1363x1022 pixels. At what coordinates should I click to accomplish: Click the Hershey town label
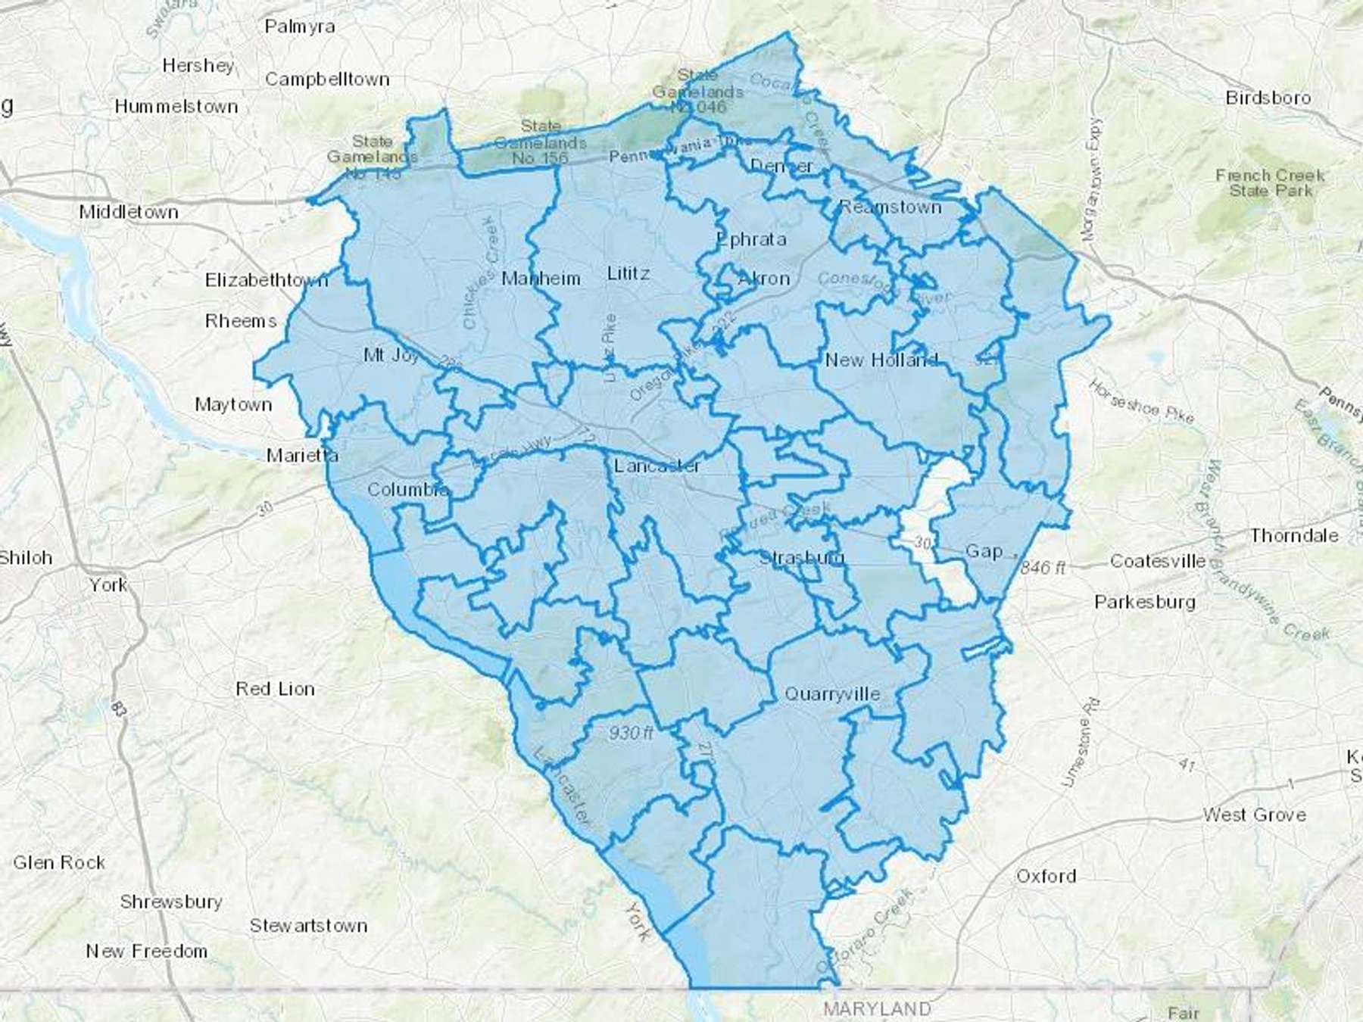(198, 66)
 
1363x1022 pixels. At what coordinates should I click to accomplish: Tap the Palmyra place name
(300, 26)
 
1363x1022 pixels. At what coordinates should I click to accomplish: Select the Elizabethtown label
(267, 280)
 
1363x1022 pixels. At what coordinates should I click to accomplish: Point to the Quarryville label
(832, 693)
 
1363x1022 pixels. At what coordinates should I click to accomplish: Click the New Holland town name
(881, 360)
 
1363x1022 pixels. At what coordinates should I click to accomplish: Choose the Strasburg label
(801, 558)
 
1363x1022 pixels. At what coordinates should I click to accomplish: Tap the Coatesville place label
(1158, 561)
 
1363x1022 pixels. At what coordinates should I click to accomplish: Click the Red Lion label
(275, 689)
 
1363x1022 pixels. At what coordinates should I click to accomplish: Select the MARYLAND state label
(877, 1008)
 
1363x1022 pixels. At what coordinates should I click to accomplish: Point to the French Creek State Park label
(1270, 183)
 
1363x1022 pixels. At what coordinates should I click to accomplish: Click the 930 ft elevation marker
(631, 732)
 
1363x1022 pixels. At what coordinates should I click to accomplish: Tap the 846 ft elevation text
(1043, 567)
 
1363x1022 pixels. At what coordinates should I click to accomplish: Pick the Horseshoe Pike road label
(1141, 402)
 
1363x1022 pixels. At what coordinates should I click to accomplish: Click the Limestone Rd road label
(1080, 743)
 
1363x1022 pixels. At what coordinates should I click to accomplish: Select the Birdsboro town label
(1268, 98)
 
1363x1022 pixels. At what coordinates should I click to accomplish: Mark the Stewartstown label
(308, 925)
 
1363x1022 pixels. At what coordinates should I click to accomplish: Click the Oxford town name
(1046, 876)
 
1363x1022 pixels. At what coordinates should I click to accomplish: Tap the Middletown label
(129, 212)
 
